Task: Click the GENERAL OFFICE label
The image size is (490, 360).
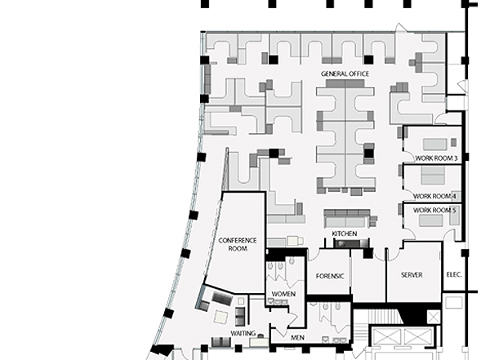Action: tap(345, 73)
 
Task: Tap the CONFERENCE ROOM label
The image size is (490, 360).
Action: tap(238, 244)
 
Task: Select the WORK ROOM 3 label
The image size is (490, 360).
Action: tap(436, 158)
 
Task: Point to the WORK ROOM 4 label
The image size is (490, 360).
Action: tap(434, 196)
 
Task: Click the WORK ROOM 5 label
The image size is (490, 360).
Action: tap(434, 211)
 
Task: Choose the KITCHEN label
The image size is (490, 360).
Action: tap(345, 233)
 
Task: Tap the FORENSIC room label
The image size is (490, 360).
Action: tap(330, 276)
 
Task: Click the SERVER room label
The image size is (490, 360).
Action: tap(412, 275)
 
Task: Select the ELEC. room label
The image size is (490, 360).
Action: tap(454, 274)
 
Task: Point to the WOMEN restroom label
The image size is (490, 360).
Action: tap(283, 294)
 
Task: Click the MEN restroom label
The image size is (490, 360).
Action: tap(297, 337)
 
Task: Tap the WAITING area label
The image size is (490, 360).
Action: tap(243, 333)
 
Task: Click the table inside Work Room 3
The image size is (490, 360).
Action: tap(434, 144)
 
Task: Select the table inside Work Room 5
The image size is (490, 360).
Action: tap(430, 220)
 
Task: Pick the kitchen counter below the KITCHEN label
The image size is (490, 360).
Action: tap(351, 243)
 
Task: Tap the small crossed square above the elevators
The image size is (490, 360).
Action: tap(434, 318)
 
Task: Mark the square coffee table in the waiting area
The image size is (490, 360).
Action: tap(221, 317)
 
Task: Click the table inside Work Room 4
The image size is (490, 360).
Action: tap(433, 176)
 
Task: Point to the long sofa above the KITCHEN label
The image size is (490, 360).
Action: tap(347, 219)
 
